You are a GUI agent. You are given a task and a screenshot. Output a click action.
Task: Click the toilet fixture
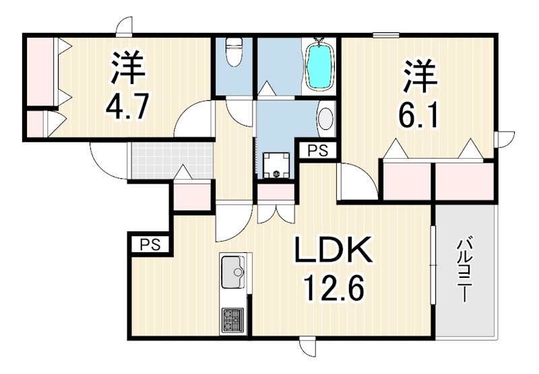(234, 52)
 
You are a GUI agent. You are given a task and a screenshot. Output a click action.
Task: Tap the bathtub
(319, 65)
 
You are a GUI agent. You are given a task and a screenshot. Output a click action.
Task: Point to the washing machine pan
(276, 165)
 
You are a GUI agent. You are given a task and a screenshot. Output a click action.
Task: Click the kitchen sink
(234, 272)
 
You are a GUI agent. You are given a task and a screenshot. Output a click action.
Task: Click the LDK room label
(331, 254)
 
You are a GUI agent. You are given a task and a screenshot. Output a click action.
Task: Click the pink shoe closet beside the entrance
(192, 195)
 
